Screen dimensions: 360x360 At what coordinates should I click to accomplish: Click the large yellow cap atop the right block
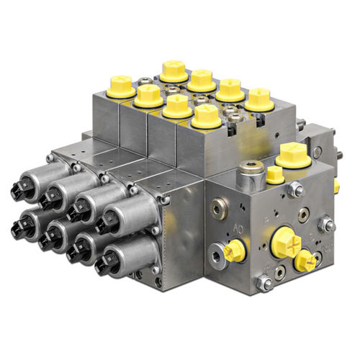point(292,153)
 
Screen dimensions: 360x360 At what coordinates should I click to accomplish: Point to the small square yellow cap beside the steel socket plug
point(274,174)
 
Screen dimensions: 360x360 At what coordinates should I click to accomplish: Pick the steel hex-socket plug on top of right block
point(251,171)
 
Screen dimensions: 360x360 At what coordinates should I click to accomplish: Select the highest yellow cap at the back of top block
point(173,69)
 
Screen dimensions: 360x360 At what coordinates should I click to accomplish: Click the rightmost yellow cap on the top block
point(259,98)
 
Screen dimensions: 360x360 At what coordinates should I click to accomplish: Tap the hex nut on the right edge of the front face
point(328,225)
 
